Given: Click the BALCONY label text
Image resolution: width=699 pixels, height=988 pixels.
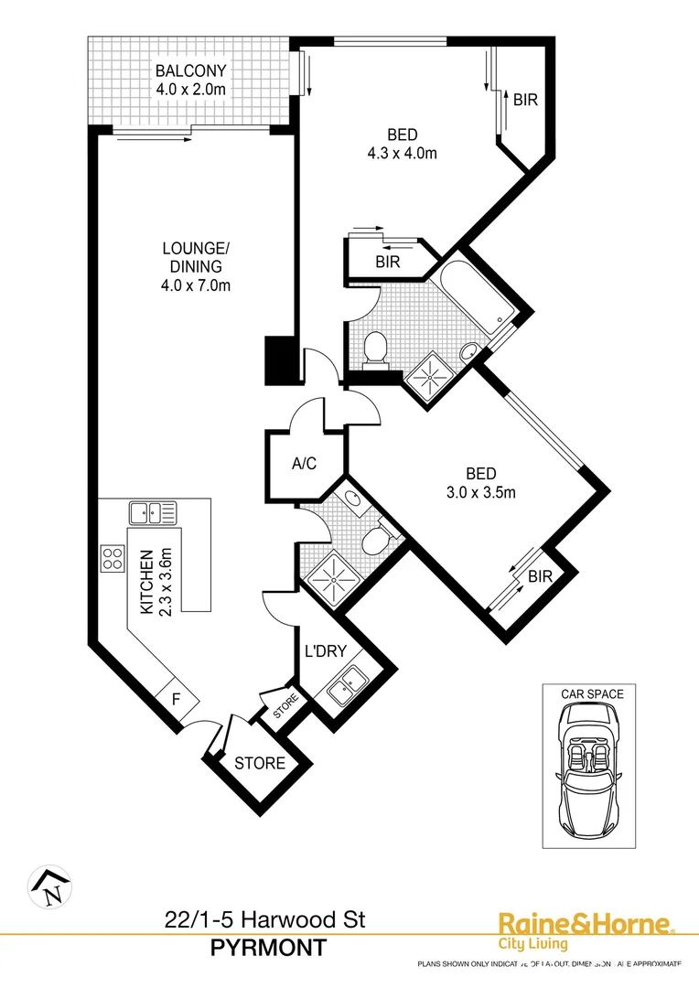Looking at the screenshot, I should click(190, 71).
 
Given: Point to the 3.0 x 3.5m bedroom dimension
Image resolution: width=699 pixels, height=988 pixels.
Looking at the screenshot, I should click(481, 493).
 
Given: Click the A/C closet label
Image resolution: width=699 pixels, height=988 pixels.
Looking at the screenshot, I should click(304, 464).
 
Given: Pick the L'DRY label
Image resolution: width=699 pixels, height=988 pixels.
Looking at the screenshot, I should click(323, 653).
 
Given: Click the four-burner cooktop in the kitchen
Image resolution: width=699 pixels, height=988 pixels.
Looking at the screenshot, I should click(112, 558).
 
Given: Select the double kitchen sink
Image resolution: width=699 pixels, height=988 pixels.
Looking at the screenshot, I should click(153, 512).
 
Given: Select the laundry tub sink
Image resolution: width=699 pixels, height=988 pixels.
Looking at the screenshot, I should click(348, 686).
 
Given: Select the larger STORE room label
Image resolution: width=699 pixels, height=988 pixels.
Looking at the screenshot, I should click(260, 763).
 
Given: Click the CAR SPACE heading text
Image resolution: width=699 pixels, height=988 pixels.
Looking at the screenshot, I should click(592, 694).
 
